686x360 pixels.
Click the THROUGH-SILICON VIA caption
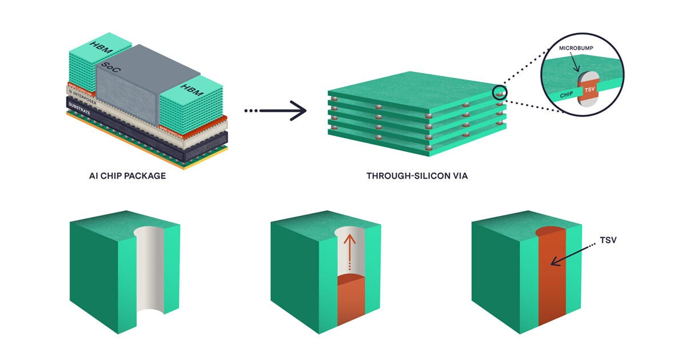(417, 176)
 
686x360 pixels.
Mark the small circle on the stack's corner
(500, 91)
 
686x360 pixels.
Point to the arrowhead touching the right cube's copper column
(553, 264)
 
